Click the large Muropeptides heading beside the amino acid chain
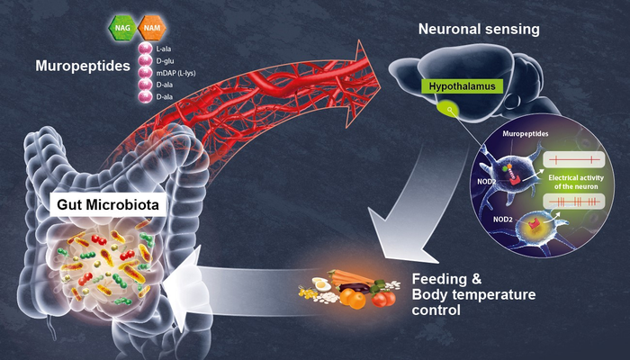[81, 66]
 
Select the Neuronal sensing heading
[479, 30]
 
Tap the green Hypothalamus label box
[455, 86]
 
